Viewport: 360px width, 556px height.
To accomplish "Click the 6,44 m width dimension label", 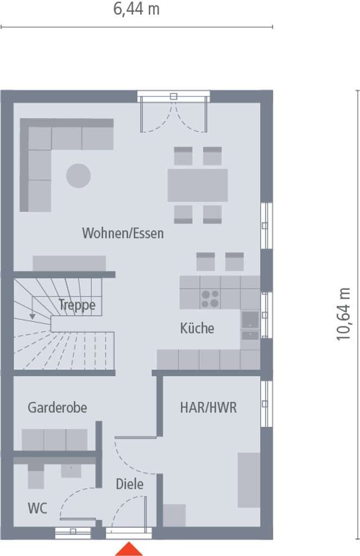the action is click(136, 9).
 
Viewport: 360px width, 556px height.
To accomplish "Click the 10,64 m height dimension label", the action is click(343, 314).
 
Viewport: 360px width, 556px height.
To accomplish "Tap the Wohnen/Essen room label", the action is click(123, 233).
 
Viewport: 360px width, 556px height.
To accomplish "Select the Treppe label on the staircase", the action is click(77, 305).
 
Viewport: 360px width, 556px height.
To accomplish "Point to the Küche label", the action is click(197, 328).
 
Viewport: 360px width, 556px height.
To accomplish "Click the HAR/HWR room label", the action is click(208, 407).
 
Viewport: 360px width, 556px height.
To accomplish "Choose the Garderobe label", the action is click(58, 407).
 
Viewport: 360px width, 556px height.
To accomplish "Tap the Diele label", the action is click(129, 484).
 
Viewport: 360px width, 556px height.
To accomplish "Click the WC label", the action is click(37, 508).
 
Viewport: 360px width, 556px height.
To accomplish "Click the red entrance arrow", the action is click(129, 549).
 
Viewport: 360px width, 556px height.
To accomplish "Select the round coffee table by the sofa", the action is click(78, 175).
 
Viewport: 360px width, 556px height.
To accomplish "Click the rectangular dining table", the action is click(198, 185).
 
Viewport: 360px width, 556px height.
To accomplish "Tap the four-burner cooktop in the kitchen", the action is click(210, 299).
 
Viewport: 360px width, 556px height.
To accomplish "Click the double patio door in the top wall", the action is click(173, 111).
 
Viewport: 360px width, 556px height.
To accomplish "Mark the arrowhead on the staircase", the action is click(32, 317).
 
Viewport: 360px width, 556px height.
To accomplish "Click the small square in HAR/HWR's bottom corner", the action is click(174, 515).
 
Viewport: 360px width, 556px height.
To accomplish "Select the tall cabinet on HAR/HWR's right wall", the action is click(249, 480).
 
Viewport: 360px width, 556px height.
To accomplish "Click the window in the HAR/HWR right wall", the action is click(267, 403).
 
